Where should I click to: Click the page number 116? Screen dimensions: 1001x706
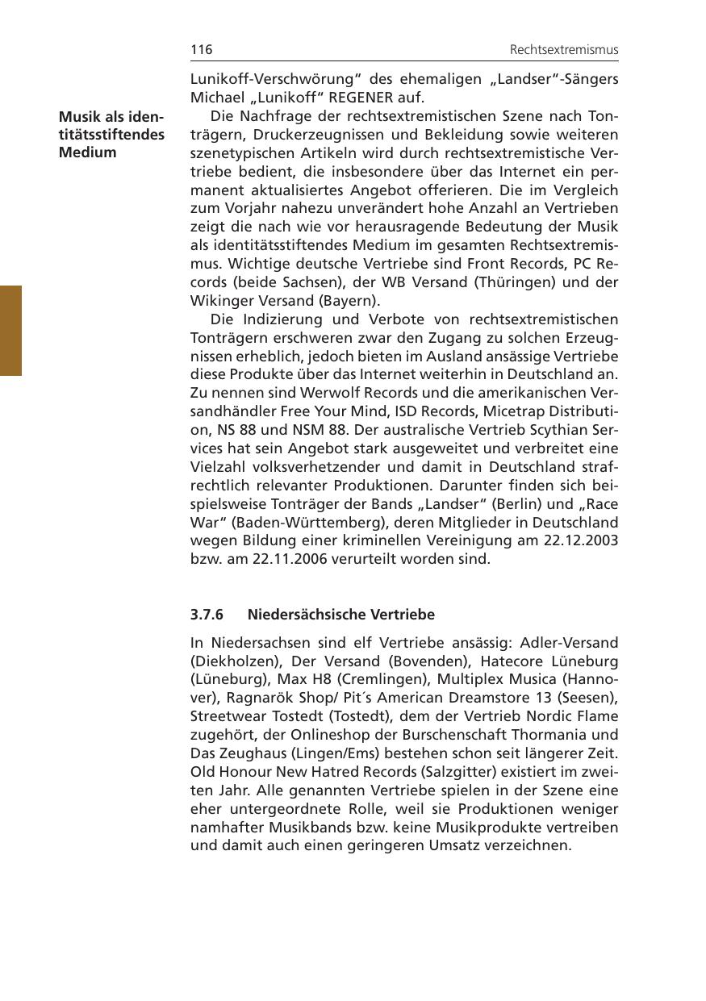pos(201,50)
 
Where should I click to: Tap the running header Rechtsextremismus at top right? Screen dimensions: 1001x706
pos(563,50)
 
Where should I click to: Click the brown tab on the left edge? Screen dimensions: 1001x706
pos(10,330)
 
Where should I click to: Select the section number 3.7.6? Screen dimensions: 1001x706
pos(207,615)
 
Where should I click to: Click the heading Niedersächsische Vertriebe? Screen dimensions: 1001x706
pos(340,615)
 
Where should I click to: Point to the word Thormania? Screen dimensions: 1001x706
pos(570,735)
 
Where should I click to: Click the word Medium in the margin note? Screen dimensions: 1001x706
pos(87,152)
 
